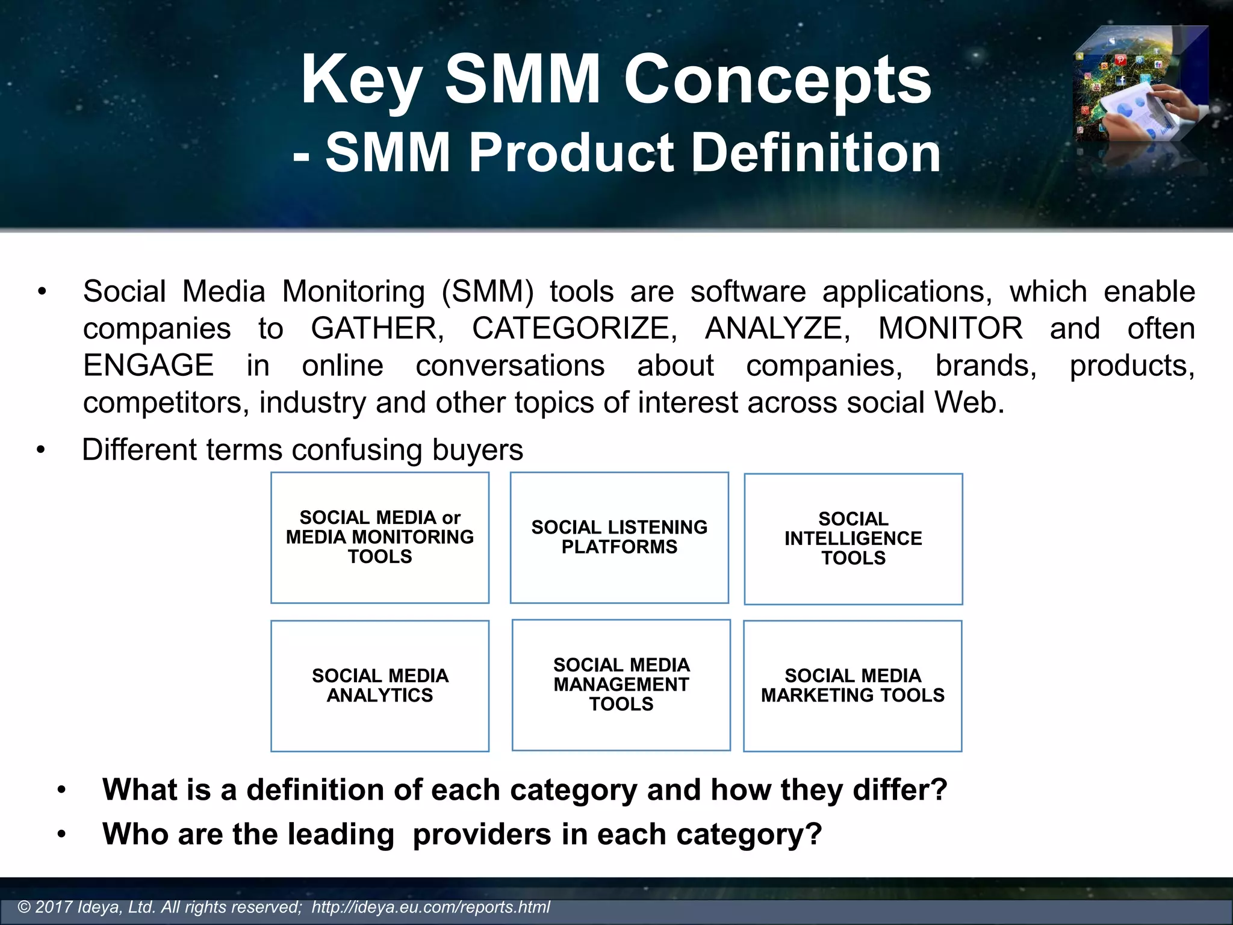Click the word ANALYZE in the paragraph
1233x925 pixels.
pos(777,329)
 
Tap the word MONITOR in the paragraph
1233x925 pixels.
pos(950,329)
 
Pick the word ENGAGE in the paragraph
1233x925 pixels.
pos(148,366)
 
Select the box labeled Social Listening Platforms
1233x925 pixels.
pos(619,537)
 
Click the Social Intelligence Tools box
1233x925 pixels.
pos(853,538)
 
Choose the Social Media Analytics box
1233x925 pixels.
pos(380,685)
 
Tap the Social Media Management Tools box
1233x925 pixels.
pos(621,685)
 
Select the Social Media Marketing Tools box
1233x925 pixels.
pos(853,685)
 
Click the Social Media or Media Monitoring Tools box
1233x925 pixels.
pos(380,537)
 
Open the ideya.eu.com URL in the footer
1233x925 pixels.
pos(430,907)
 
